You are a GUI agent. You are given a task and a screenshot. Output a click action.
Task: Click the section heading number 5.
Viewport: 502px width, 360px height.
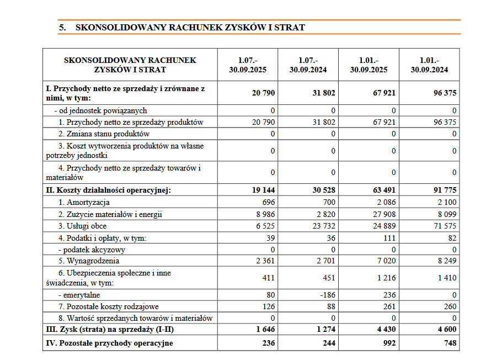pos(62,27)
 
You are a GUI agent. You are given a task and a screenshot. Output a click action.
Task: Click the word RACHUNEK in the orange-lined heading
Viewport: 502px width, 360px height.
pos(196,27)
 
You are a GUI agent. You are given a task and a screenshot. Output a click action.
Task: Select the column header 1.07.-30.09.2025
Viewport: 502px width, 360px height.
pos(248,65)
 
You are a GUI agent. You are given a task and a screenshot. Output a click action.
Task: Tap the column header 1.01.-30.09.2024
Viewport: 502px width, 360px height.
pos(429,65)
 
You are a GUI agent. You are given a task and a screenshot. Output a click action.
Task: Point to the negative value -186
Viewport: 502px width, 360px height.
pos(327,295)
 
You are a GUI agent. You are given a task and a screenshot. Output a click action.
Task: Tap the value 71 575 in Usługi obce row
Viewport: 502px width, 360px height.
pos(444,226)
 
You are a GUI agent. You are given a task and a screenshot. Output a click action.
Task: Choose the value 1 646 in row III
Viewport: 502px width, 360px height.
pos(263,330)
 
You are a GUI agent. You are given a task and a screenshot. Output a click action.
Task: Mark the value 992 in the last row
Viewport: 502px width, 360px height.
pos(388,343)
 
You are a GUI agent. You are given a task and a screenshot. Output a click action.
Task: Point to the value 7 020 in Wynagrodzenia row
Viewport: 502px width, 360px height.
pos(385,261)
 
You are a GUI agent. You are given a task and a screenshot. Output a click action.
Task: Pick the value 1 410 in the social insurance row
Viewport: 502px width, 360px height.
pos(446,278)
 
